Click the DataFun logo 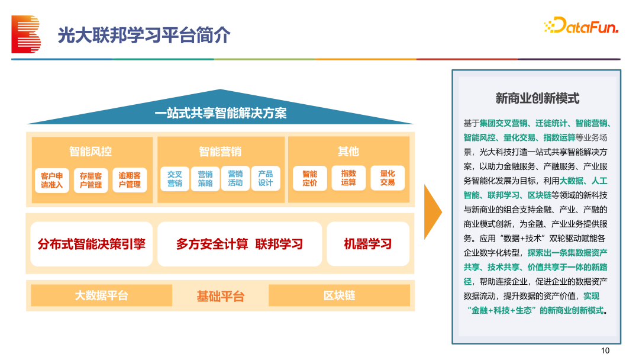pyautogui.click(x=581, y=25)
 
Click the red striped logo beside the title pyautogui.click(x=26, y=34)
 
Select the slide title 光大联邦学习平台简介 pyautogui.click(x=144, y=35)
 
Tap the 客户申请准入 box pyautogui.click(x=51, y=180)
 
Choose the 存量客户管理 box pyautogui.click(x=91, y=180)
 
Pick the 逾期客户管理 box pyautogui.click(x=130, y=180)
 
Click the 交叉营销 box pyautogui.click(x=175, y=179)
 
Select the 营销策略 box pyautogui.click(x=205, y=179)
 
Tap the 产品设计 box pyautogui.click(x=265, y=179)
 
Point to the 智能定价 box pyautogui.click(x=309, y=178)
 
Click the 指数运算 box pyautogui.click(x=348, y=178)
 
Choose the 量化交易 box pyautogui.click(x=388, y=178)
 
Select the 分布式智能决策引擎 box pyautogui.click(x=91, y=244)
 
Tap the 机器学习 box pyautogui.click(x=368, y=244)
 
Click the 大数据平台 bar pyautogui.click(x=102, y=295)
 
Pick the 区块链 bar pyautogui.click(x=339, y=295)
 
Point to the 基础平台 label pyautogui.click(x=221, y=296)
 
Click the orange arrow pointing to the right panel pyautogui.click(x=433, y=212)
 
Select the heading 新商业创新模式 pyautogui.click(x=537, y=98)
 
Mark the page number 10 pyautogui.click(x=605, y=351)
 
